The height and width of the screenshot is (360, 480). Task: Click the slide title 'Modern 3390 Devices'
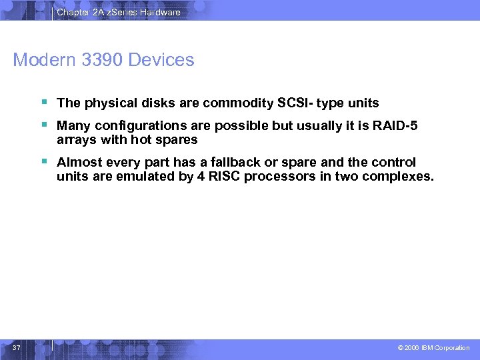[x=103, y=60]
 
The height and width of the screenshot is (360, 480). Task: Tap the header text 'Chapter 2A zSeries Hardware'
[x=118, y=12]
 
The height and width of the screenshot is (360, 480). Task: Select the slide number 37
[x=17, y=347]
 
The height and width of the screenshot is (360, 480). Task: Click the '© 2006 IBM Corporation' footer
[x=435, y=348]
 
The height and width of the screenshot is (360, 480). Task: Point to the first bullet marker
[x=43, y=102]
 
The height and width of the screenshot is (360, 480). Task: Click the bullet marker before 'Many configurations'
[x=43, y=125]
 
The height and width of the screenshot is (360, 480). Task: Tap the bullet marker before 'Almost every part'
[x=43, y=161]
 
